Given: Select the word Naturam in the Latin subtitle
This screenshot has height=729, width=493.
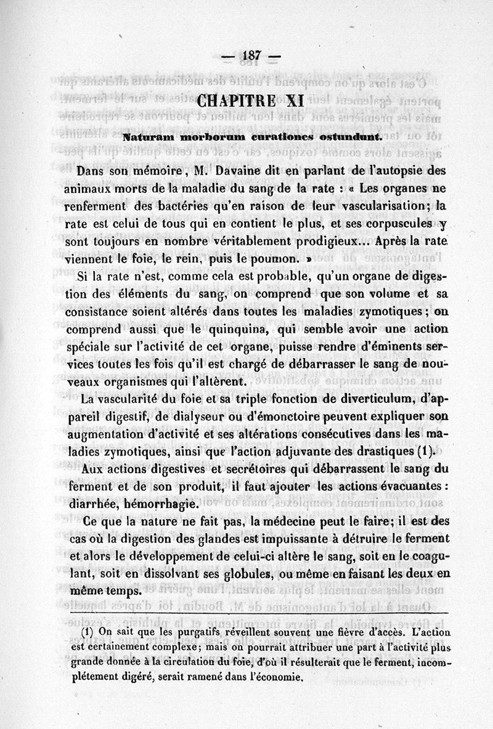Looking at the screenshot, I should coord(146,136).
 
